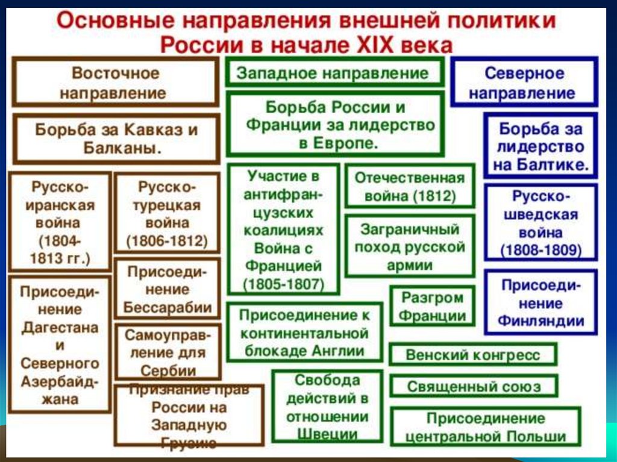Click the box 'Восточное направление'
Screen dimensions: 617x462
click(x=115, y=83)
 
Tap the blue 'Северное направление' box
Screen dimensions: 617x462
click(x=524, y=83)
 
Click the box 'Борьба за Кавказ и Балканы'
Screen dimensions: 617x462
click(x=115, y=139)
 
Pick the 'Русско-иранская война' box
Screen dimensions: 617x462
click(x=60, y=222)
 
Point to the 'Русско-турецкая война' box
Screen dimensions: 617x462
click(x=167, y=214)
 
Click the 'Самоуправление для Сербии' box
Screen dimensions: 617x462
click(x=167, y=352)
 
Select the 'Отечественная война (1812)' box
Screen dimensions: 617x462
click(x=409, y=187)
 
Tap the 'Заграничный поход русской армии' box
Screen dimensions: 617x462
click(x=409, y=247)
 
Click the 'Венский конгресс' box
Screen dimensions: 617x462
click(x=473, y=355)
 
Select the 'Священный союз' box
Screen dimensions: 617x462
click(x=473, y=386)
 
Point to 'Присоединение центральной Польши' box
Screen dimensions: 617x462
click(x=485, y=427)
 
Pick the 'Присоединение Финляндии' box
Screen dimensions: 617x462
click(x=540, y=303)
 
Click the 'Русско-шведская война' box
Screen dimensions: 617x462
click(x=540, y=223)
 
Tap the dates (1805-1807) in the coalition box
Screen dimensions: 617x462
click(x=283, y=283)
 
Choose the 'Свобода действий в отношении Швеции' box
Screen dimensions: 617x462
click(x=327, y=407)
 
